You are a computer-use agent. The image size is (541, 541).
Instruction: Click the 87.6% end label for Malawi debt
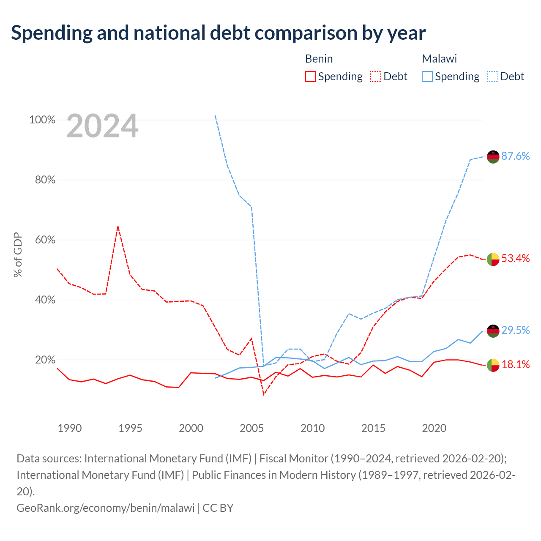tap(515, 156)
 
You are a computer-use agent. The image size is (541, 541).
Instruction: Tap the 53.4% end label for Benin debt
tap(515, 258)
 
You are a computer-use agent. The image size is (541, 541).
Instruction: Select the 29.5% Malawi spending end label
tap(515, 331)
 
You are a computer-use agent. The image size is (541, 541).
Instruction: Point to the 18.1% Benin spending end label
tap(515, 365)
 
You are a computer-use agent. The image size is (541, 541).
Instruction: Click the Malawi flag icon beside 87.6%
tap(493, 157)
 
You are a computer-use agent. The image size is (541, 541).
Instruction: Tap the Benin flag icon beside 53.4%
tap(493, 259)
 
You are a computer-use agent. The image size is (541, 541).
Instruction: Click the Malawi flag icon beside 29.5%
tap(493, 331)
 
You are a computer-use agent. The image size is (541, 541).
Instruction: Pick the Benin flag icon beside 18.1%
tap(493, 365)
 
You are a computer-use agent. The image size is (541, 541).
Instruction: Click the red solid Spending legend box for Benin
tap(311, 77)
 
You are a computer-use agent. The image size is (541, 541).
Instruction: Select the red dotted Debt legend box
tap(376, 77)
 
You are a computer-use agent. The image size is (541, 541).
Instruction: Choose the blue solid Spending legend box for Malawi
tap(427, 77)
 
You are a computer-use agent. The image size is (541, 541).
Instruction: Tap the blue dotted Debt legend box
tap(492, 77)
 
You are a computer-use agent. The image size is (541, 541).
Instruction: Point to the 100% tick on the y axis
tap(42, 120)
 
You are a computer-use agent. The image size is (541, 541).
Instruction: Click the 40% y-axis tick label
tap(45, 300)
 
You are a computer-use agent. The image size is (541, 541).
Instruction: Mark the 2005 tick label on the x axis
tap(251, 428)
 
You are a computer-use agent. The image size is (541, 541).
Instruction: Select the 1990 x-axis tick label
tap(70, 428)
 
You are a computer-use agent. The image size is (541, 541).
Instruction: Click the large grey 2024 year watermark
tap(102, 126)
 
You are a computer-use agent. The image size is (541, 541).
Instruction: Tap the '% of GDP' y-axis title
tap(18, 254)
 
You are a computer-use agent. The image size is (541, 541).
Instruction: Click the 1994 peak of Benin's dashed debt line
tap(118, 226)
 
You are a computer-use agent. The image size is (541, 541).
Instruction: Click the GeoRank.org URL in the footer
tap(106, 508)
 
